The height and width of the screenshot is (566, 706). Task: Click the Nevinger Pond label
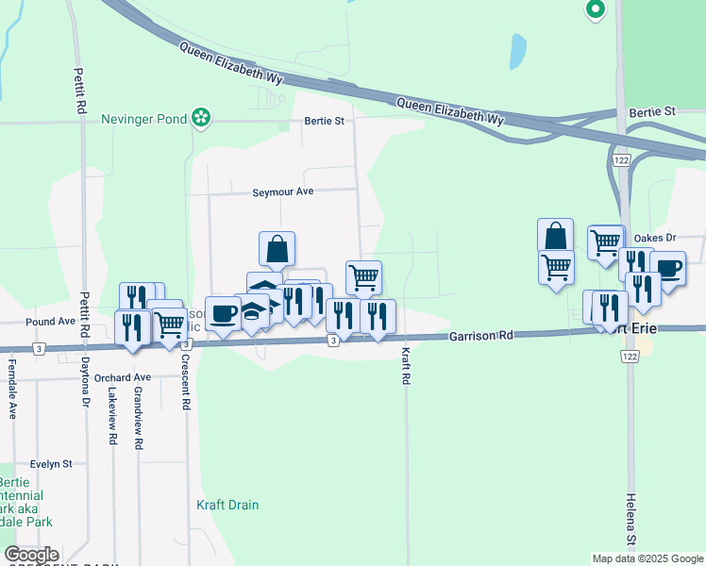(x=145, y=120)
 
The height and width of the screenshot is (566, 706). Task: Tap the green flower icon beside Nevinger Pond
(x=200, y=118)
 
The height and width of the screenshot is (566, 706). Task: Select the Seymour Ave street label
(x=281, y=191)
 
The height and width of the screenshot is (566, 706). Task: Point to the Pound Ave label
(x=50, y=322)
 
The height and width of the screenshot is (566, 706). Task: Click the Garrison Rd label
(x=480, y=335)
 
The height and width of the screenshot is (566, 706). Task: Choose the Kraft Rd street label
(x=406, y=365)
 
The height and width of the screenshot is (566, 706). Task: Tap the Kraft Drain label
(x=227, y=505)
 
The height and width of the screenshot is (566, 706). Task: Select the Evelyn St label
(x=51, y=464)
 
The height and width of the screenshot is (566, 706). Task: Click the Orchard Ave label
(x=122, y=377)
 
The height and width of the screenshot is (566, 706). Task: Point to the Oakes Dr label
(x=657, y=238)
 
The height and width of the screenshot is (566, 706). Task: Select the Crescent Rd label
(x=186, y=383)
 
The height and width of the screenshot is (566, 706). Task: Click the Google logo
(x=31, y=555)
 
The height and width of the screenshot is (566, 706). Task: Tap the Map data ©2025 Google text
(x=647, y=558)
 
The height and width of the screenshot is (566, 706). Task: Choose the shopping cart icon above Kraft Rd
(x=363, y=277)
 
